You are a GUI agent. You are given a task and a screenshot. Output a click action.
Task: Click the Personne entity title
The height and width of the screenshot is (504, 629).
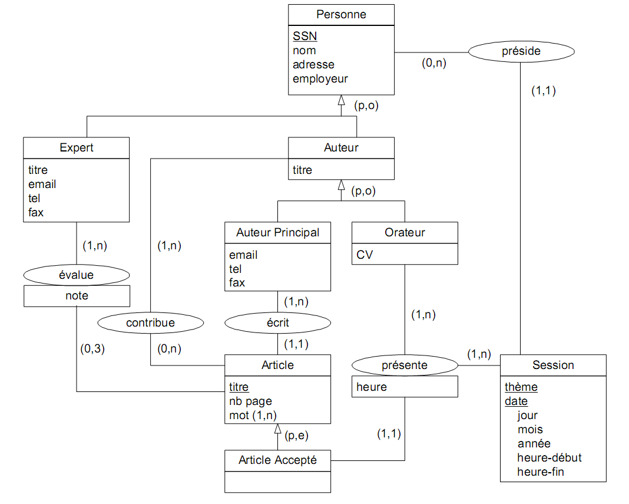pyautogui.click(x=341, y=15)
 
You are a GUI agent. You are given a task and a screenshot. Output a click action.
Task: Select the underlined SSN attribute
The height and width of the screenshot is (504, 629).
pyautogui.click(x=304, y=36)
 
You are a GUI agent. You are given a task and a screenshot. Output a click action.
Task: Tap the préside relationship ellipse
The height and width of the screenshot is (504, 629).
pyautogui.click(x=521, y=51)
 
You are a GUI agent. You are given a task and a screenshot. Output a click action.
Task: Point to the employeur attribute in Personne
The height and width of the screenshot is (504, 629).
pyautogui.click(x=320, y=78)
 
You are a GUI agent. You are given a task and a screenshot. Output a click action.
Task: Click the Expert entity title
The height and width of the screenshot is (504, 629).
pyautogui.click(x=77, y=148)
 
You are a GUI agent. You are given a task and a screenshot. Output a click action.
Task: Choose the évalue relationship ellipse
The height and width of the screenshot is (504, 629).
pyautogui.click(x=77, y=275)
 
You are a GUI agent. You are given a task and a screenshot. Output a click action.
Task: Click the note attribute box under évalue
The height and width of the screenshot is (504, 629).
pyautogui.click(x=77, y=296)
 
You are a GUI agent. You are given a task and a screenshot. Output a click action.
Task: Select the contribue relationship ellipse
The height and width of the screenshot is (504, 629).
pyautogui.click(x=150, y=322)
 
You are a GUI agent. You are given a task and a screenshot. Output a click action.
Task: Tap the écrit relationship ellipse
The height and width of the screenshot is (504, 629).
pyautogui.click(x=277, y=322)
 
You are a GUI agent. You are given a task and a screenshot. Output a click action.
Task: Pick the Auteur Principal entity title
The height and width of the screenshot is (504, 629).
pyautogui.click(x=277, y=232)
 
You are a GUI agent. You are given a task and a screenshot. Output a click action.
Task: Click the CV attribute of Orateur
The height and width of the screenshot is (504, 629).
pyautogui.click(x=364, y=255)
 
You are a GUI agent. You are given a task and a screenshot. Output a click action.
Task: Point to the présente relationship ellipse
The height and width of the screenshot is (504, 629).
pyautogui.click(x=405, y=365)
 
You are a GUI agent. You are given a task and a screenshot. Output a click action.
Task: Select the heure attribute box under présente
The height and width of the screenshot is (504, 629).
pyautogui.click(x=405, y=387)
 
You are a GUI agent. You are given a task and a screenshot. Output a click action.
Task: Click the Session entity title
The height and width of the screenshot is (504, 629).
pyautogui.click(x=553, y=365)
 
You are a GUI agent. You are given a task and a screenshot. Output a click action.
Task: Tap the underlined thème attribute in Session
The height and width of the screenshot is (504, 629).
pyautogui.click(x=521, y=387)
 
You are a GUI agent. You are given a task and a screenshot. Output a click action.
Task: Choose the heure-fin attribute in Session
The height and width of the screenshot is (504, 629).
pyautogui.click(x=541, y=472)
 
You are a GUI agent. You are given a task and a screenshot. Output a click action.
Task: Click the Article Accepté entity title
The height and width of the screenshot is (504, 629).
pyautogui.click(x=277, y=460)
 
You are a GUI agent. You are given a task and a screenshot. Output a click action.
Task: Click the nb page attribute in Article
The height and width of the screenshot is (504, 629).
pyautogui.click(x=250, y=401)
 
